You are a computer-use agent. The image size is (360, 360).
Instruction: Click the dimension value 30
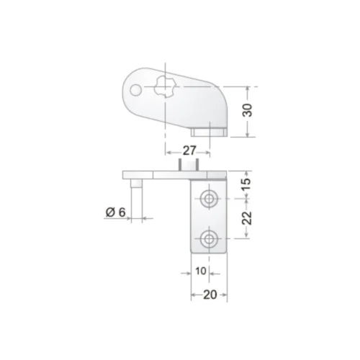(x=248, y=110)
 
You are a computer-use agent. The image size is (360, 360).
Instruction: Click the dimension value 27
(x=189, y=150)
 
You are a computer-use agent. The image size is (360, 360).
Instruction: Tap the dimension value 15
(x=246, y=184)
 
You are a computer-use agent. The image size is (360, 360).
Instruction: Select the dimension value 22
(x=247, y=217)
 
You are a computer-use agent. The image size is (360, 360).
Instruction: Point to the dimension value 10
(x=201, y=271)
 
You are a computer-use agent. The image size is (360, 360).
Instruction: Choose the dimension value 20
(x=210, y=294)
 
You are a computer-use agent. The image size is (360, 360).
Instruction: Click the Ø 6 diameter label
(x=115, y=212)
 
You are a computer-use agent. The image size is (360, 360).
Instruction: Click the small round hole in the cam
(x=135, y=90)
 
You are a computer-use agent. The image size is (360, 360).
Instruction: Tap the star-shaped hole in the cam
(x=165, y=86)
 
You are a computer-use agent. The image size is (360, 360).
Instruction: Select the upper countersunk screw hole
(x=209, y=199)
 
